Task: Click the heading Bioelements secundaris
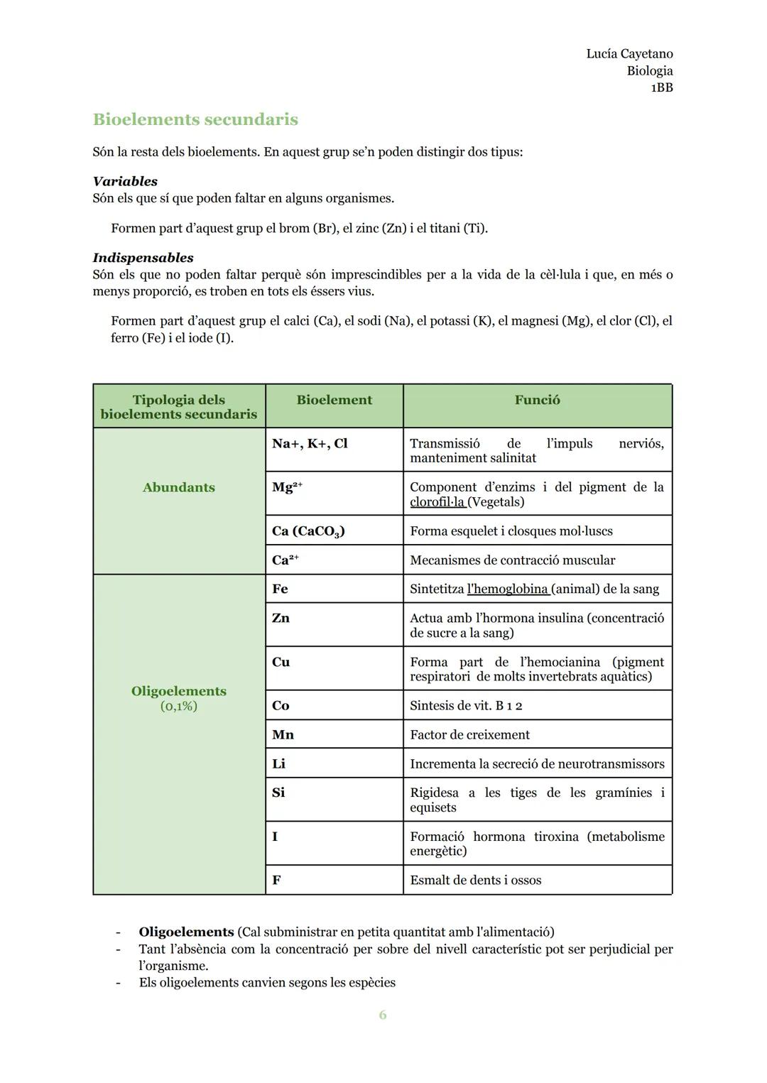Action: click(195, 119)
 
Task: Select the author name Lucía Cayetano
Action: click(629, 54)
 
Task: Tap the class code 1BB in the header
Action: click(661, 88)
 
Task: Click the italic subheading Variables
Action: click(125, 181)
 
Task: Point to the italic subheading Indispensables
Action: click(143, 258)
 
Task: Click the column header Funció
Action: click(537, 400)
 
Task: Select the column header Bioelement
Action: click(334, 400)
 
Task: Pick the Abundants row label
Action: click(178, 487)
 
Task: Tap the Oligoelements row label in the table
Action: click(178, 691)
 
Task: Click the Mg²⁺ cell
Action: click(287, 487)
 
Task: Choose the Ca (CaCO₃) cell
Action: click(308, 531)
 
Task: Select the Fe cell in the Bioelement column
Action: click(280, 589)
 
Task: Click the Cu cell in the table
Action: click(281, 662)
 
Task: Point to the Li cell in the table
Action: click(278, 763)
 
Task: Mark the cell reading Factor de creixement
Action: click(469, 735)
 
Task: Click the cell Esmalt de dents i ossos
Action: click(475, 880)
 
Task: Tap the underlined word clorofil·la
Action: click(437, 502)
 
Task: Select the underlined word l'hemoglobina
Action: click(508, 589)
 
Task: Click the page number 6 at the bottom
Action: click(383, 1015)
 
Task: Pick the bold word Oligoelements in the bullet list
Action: click(186, 932)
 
